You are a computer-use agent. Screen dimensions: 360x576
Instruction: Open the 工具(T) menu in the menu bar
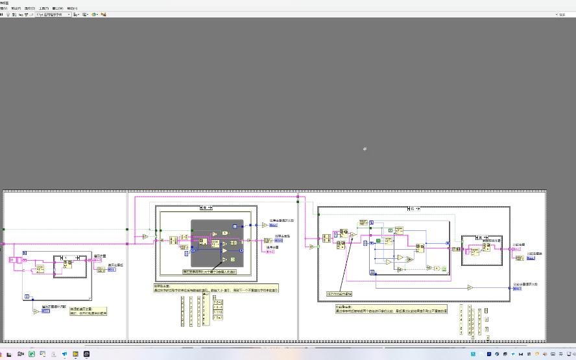pos(43,8)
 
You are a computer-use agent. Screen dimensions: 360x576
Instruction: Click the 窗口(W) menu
pos(58,8)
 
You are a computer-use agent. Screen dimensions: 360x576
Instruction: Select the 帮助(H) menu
pos(73,8)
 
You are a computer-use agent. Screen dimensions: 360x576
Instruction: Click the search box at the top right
pos(564,14)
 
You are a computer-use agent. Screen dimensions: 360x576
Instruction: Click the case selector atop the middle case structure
pos(206,208)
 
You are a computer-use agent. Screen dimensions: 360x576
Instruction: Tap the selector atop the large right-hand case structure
pos(413,209)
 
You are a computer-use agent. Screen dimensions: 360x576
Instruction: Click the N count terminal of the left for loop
pos(25,252)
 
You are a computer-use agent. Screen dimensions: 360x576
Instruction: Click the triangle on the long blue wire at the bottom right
pos(470,287)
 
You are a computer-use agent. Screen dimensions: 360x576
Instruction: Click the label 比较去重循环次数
pos(527,284)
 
